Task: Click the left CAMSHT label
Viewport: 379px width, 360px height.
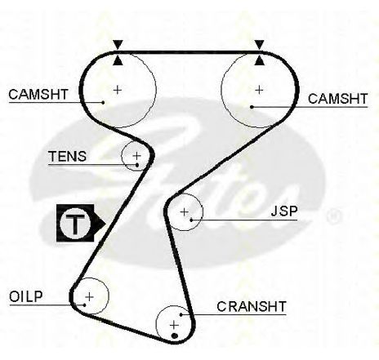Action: point(38,95)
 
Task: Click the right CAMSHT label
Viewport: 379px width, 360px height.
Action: point(337,99)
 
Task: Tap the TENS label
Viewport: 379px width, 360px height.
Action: point(67,157)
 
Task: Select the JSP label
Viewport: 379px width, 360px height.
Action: point(284,211)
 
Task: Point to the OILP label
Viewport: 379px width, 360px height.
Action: point(26,296)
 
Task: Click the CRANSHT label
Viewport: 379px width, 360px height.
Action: point(252,307)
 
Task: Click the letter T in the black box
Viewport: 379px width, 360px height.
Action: point(75,224)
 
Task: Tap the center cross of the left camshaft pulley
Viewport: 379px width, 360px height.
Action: point(118,90)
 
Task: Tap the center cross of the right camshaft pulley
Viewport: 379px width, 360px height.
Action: point(259,90)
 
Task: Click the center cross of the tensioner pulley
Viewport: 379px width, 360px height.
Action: point(136,156)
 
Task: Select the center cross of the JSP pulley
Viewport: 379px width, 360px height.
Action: point(185,211)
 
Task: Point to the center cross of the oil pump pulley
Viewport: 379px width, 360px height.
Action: point(89,296)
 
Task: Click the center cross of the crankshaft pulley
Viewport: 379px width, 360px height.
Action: point(174,325)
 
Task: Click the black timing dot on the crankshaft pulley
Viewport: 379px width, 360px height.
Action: point(175,336)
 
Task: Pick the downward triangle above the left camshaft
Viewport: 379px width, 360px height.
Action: point(118,44)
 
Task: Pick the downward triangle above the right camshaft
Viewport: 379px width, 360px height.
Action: point(259,44)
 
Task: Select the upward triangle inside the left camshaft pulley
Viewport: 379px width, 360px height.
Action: point(118,60)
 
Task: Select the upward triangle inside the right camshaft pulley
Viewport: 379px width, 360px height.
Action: point(260,60)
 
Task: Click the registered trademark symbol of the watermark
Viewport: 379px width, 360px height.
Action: point(333,217)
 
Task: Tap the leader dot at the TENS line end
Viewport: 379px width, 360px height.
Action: point(137,165)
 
